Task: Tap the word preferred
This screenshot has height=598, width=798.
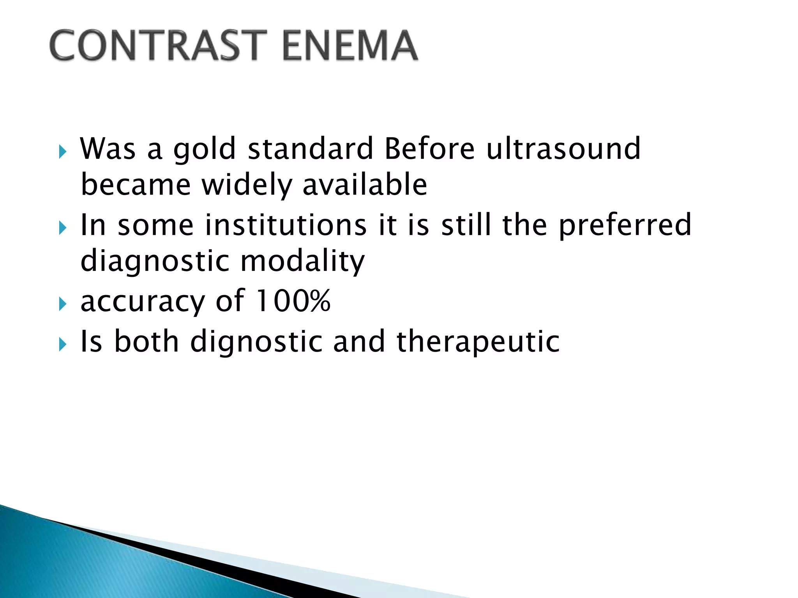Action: pyautogui.click(x=625, y=226)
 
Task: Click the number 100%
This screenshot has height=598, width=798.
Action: pyautogui.click(x=293, y=301)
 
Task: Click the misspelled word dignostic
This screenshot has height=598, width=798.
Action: pyautogui.click(x=256, y=342)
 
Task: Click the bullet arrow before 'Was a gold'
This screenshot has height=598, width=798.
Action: pyautogui.click(x=62, y=151)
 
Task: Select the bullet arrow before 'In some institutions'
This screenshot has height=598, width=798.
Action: pyautogui.click(x=62, y=228)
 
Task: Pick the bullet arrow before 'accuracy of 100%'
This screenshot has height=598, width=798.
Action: pyautogui.click(x=62, y=304)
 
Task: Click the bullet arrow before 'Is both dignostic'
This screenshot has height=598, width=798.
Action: pyautogui.click(x=62, y=344)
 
